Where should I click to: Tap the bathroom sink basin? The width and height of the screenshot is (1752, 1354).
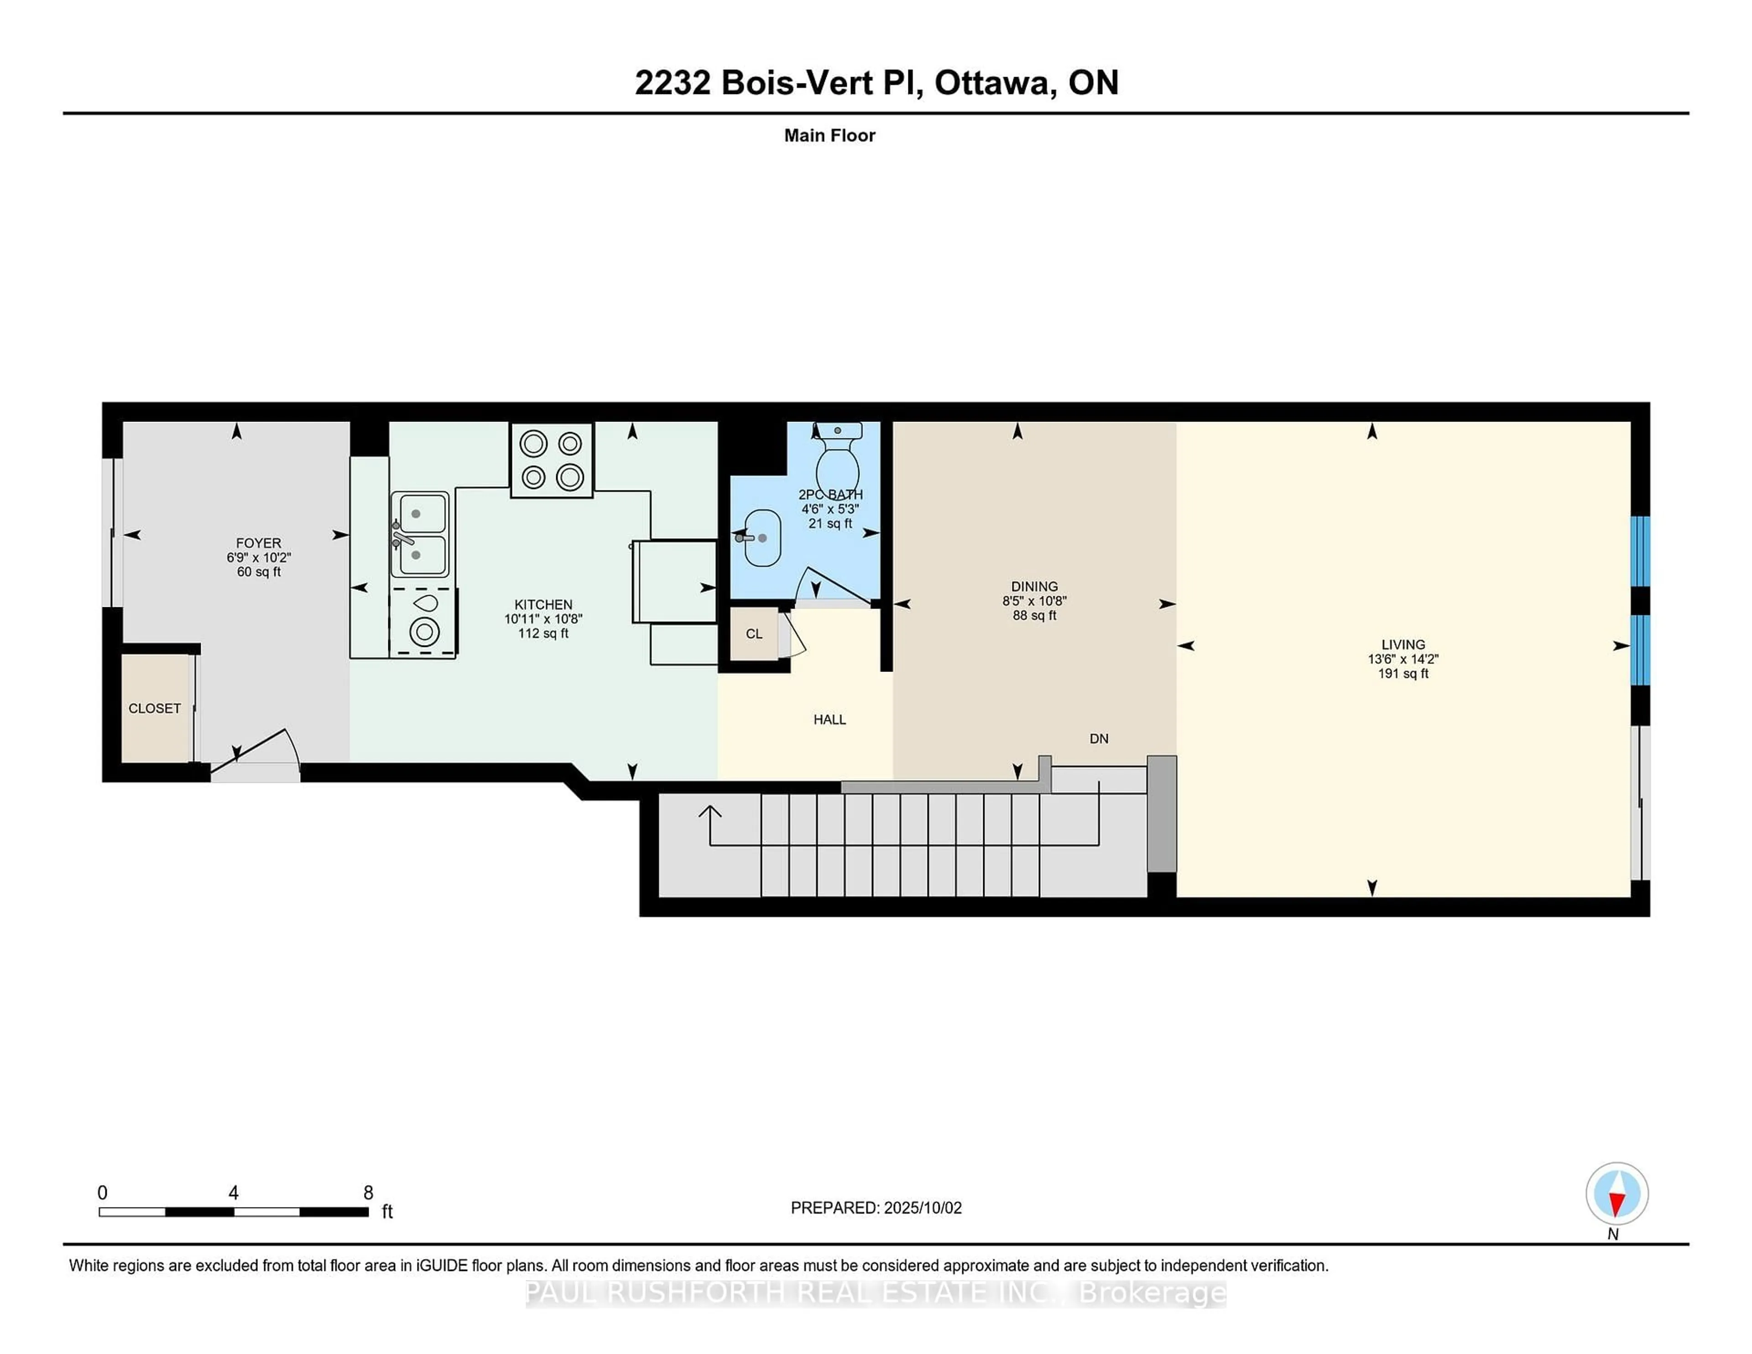(762, 538)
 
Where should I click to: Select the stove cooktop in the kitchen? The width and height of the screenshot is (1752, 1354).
(552, 460)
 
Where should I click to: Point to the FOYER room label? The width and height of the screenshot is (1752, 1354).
(258, 543)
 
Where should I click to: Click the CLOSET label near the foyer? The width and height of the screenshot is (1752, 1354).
(155, 708)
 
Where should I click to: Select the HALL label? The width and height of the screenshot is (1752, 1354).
(829, 719)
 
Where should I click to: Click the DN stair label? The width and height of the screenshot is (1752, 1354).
(1099, 739)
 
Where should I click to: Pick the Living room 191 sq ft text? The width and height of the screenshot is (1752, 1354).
(1403, 674)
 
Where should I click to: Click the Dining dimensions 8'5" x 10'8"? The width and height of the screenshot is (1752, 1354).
(1034, 601)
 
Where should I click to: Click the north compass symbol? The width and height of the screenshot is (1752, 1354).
(1616, 1194)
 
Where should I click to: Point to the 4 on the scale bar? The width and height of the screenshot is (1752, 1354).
(234, 1193)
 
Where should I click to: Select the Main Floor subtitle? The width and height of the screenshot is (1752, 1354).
(829, 135)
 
